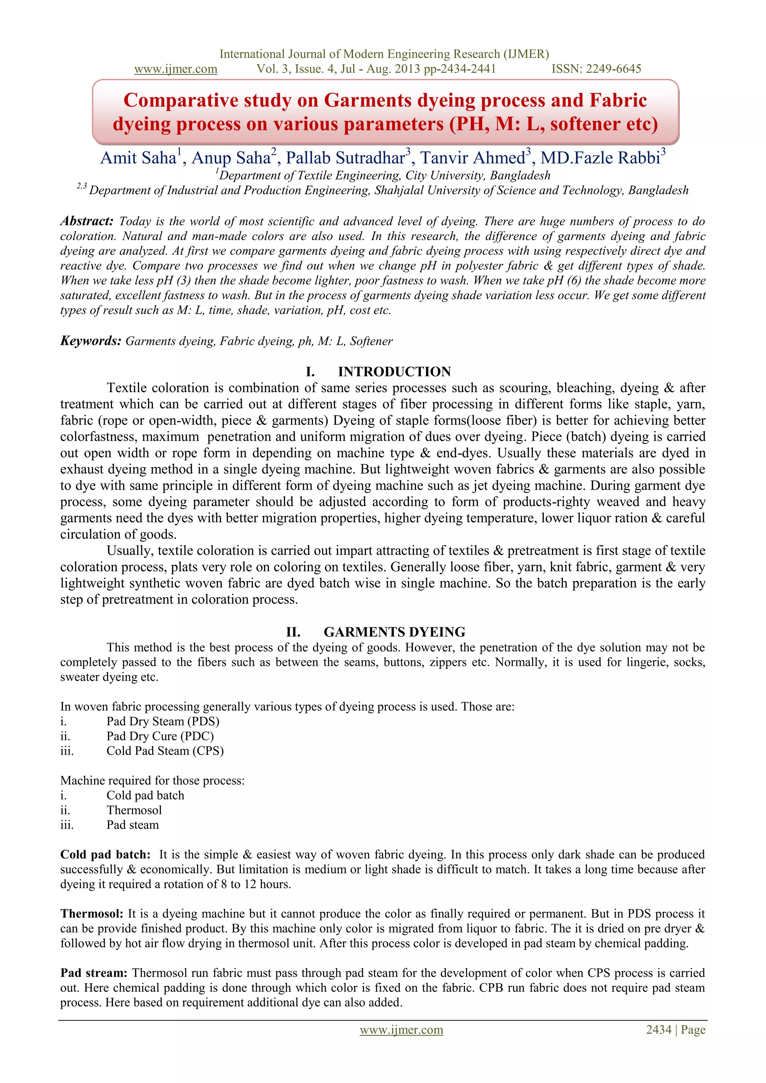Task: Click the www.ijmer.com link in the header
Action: tap(175, 69)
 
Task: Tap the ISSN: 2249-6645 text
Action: tap(596, 69)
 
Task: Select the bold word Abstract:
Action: tap(87, 221)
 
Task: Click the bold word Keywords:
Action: tap(91, 341)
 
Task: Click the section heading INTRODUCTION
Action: tap(394, 372)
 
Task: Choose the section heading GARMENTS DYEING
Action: tap(394, 632)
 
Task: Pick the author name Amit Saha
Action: tap(138, 158)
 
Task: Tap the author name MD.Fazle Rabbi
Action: tap(600, 158)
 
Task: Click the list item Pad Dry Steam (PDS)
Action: tap(163, 721)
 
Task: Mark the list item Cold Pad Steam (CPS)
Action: tap(165, 751)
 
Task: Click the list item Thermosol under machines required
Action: tap(134, 810)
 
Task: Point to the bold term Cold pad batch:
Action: tap(105, 855)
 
